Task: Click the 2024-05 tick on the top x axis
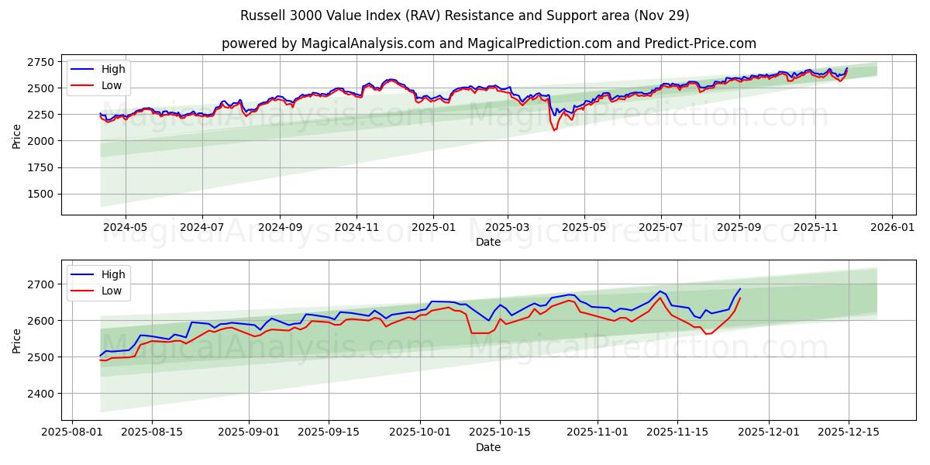tap(125, 228)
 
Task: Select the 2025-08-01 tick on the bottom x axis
tap(73, 433)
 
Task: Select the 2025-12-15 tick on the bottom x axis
tap(849, 433)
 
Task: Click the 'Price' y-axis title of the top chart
tap(17, 136)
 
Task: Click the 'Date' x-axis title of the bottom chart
tap(488, 447)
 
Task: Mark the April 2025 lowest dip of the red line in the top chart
tap(554, 130)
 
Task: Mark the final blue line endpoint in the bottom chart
tap(740, 289)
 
